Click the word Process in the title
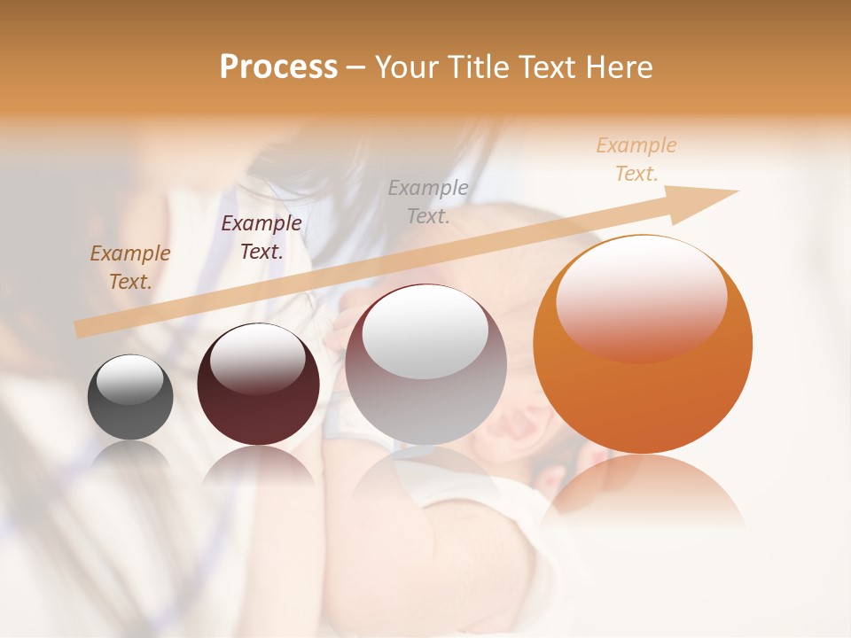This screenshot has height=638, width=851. click(278, 67)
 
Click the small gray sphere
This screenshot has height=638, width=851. click(130, 398)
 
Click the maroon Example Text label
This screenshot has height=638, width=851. click(262, 237)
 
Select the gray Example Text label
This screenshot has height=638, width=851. click(428, 201)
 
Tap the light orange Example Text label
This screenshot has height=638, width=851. click(636, 159)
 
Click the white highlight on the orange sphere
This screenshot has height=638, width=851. click(642, 298)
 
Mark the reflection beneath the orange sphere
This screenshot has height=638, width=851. click(643, 492)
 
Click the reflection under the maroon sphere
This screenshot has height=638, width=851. click(258, 464)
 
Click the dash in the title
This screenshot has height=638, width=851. click(355, 67)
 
